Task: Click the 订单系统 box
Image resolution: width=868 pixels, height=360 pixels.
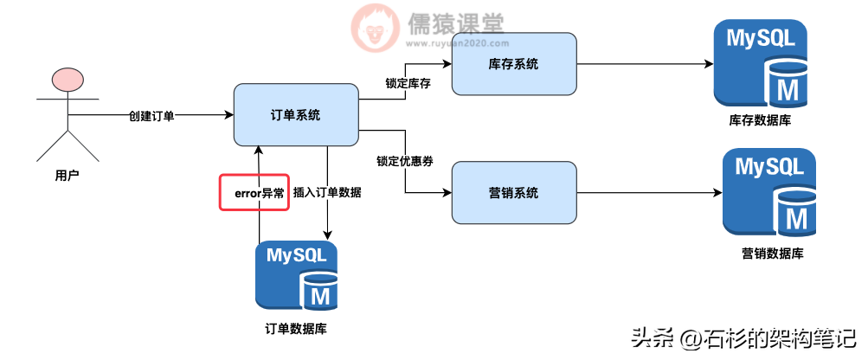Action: click(296, 114)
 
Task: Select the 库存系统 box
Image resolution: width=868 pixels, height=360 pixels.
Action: click(514, 64)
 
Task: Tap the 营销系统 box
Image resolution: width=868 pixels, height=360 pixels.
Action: click(514, 193)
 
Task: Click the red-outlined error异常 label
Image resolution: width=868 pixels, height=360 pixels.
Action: click(254, 192)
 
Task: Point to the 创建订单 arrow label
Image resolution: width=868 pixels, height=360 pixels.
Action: click(151, 115)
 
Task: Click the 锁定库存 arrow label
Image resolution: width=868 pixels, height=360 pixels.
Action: click(408, 84)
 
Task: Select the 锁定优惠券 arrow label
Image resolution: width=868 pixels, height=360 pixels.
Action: click(405, 161)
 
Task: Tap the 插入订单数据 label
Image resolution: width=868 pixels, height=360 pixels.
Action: click(326, 192)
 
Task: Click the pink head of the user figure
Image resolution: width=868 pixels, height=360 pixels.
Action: click(68, 80)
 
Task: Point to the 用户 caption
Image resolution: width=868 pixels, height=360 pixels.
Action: click(67, 176)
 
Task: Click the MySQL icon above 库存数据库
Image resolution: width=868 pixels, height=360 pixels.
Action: click(760, 64)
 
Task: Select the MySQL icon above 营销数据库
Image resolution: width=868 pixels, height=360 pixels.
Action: click(768, 192)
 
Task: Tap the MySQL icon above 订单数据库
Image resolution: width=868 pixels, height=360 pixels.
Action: click(296, 276)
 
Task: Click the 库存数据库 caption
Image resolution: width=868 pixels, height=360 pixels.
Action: click(760, 121)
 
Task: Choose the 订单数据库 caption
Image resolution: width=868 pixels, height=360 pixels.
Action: click(296, 329)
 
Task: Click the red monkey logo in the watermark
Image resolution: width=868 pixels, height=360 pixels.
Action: click(375, 27)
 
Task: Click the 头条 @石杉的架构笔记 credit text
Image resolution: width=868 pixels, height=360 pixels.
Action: click(743, 337)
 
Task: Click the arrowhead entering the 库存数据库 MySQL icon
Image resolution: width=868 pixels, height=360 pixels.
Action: click(709, 64)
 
